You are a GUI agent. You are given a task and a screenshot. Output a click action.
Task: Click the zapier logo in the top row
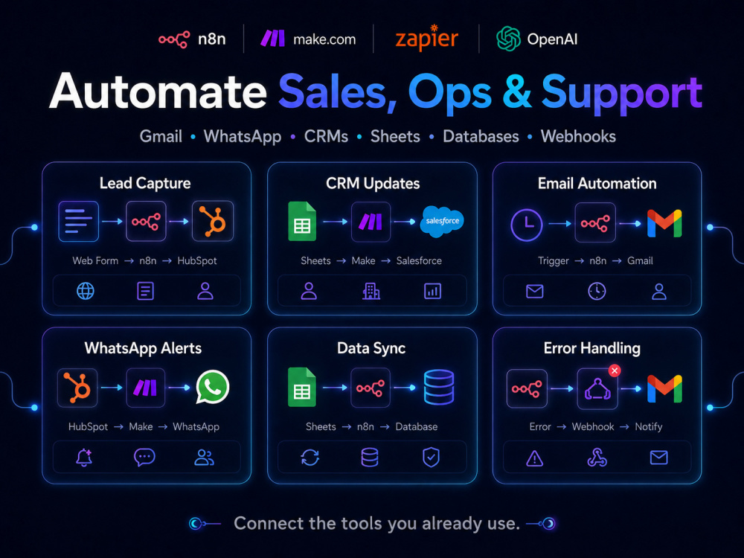tap(426, 38)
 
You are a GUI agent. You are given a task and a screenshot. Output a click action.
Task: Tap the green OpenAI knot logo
tap(508, 39)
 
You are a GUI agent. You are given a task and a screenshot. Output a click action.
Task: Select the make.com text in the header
tap(324, 39)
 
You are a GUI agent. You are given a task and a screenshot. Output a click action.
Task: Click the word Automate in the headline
tap(158, 91)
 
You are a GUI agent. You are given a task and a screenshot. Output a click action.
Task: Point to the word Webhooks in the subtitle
tap(578, 137)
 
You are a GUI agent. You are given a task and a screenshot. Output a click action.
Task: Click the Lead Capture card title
tap(145, 183)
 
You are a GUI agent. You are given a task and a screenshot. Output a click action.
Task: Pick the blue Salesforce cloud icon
tap(442, 221)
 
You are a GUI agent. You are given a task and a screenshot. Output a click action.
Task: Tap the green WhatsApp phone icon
tap(213, 387)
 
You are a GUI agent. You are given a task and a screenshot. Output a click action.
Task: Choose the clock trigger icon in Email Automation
tap(526, 225)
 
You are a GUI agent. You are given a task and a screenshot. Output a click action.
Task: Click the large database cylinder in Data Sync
tap(439, 387)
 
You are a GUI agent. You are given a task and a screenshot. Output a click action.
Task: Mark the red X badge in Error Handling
tap(615, 371)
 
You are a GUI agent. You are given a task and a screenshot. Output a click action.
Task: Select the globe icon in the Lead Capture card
tap(86, 291)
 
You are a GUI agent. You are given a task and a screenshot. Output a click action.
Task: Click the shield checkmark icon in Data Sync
tap(431, 458)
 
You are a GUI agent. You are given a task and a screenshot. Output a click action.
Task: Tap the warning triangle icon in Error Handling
tap(535, 458)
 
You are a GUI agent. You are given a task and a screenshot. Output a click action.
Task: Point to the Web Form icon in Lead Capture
tap(78, 222)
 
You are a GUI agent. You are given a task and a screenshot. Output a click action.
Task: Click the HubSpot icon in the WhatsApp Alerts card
tap(77, 388)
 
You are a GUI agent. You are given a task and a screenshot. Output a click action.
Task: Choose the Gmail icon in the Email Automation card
tap(664, 223)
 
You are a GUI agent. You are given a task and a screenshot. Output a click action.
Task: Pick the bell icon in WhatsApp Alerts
tap(84, 458)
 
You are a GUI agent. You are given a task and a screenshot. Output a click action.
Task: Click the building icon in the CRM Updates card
tap(371, 292)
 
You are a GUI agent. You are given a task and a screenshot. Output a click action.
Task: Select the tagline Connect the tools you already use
tap(376, 523)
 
